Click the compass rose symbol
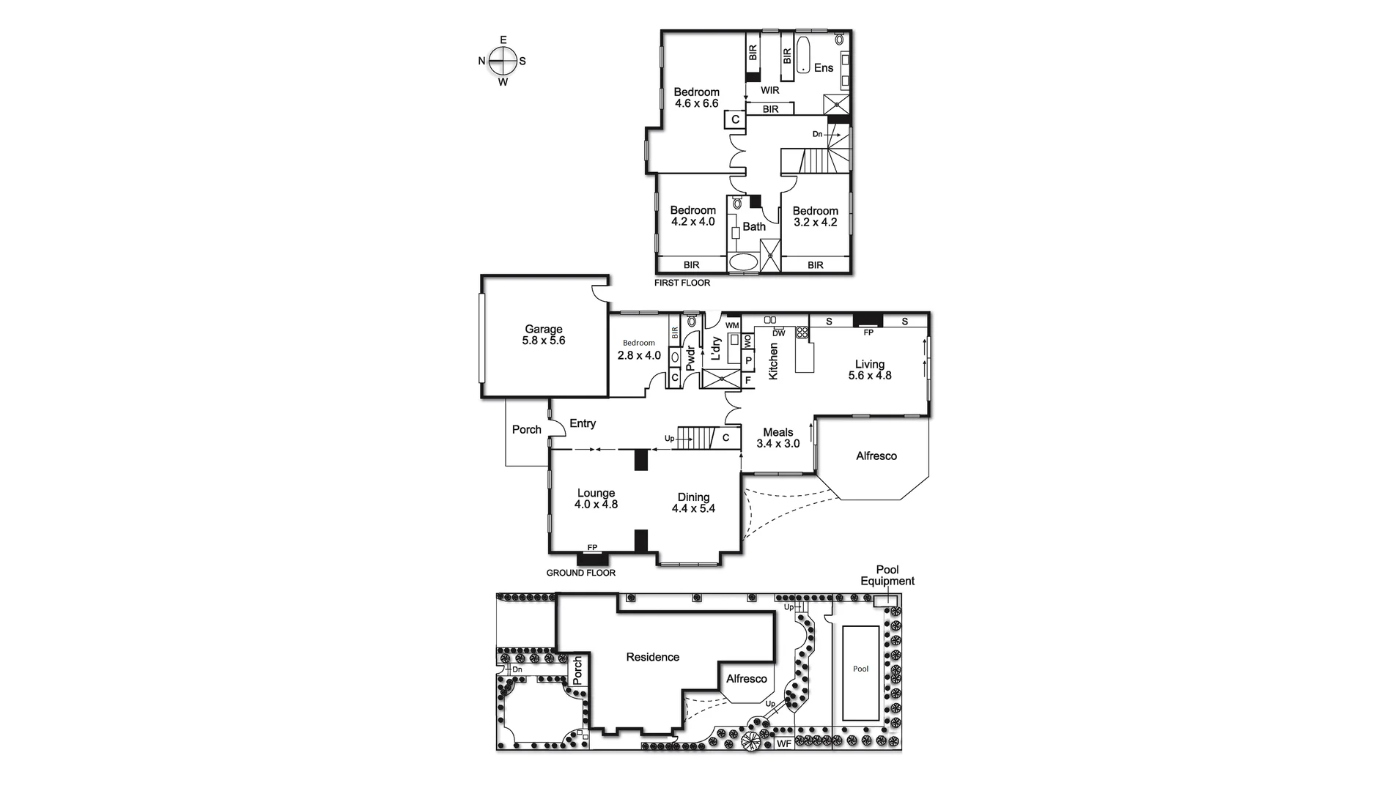coord(503,61)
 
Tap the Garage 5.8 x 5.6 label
coord(543,335)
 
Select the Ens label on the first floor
coord(824,67)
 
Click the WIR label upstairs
coord(769,90)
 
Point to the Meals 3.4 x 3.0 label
coord(778,438)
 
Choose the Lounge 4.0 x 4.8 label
coord(596,499)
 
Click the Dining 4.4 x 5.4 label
coord(693,502)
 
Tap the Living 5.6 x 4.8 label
coord(870,370)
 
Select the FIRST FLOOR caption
coord(682,283)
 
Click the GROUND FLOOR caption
coord(581,573)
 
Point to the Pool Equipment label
coord(887,576)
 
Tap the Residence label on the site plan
coord(652,657)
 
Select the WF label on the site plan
coord(783,744)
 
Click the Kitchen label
coord(772,361)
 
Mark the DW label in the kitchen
coord(779,333)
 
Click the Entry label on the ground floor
coord(583,423)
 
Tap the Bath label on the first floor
coord(754,227)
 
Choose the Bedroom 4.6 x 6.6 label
coord(696,97)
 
